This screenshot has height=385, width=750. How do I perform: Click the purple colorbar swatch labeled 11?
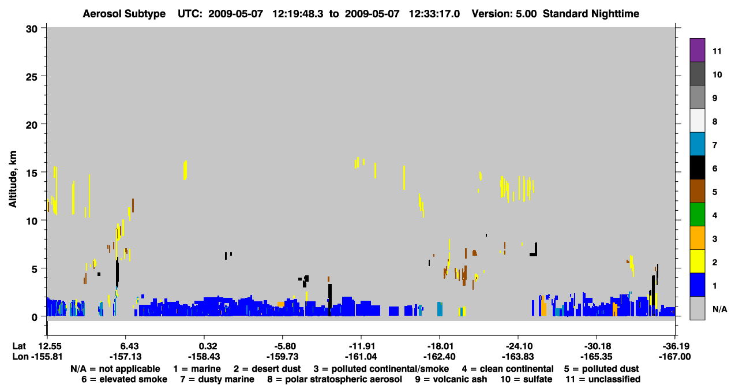[697, 50]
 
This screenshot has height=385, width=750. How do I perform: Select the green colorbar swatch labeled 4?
[697, 215]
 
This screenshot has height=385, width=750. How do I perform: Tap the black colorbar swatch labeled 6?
[697, 167]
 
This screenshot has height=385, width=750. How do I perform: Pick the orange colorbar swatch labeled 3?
[697, 238]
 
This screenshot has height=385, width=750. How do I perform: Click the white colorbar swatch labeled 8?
[697, 121]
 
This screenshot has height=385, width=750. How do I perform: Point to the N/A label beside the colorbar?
[719, 309]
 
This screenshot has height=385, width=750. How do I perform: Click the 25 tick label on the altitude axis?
[32, 77]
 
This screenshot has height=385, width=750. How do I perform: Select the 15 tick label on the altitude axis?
[32, 173]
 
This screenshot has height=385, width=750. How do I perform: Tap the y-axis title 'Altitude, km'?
[13, 179]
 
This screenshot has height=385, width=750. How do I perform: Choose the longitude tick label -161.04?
[361, 357]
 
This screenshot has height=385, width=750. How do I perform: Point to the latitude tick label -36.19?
[674, 346]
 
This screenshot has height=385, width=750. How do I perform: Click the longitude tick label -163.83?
[518, 357]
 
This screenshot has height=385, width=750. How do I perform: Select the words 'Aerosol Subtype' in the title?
[124, 14]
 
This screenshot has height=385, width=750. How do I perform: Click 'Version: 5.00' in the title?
[504, 14]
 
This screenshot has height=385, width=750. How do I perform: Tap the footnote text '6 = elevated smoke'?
[124, 379]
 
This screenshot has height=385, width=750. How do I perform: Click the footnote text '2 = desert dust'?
[267, 369]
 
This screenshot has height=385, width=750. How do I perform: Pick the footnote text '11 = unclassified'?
[603, 379]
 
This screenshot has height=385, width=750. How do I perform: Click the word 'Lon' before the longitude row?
[20, 357]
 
